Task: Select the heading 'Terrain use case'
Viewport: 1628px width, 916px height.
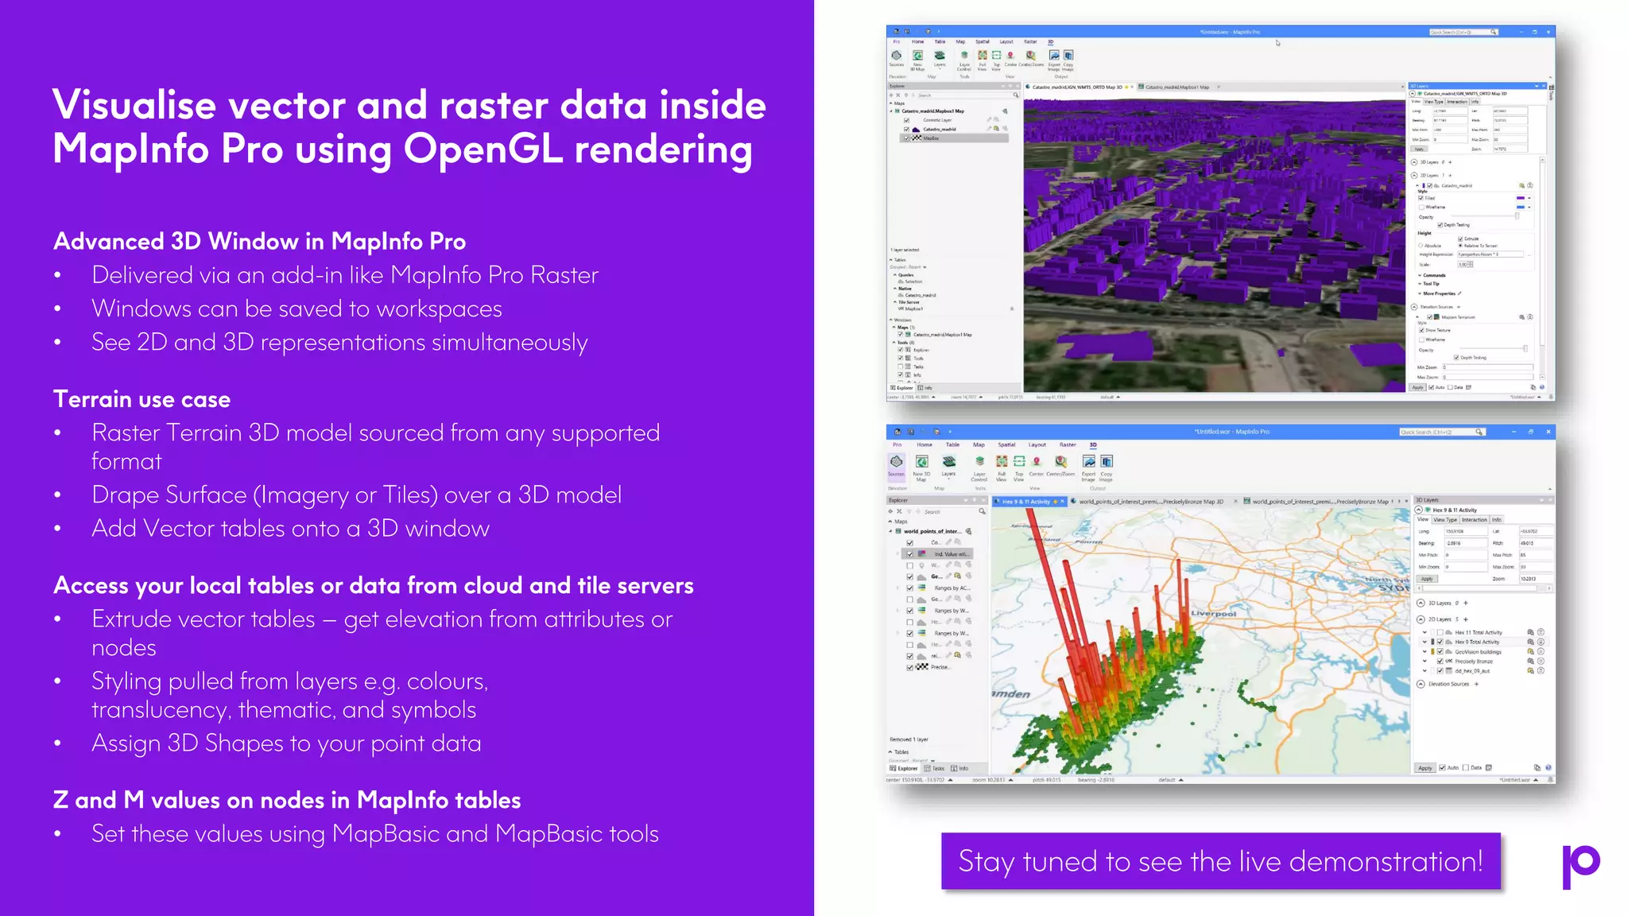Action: coord(141,399)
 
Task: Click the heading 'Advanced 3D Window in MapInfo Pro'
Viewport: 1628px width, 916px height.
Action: coord(259,242)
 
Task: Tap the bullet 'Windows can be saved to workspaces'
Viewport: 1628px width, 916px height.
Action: coord(297,309)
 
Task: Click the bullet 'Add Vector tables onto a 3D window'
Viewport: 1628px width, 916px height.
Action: coord(290,529)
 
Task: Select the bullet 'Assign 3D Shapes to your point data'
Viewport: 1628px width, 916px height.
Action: coord(286,743)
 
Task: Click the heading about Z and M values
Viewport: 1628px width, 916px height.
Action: coord(287,800)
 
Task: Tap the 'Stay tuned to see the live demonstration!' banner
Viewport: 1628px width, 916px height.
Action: coord(1220,861)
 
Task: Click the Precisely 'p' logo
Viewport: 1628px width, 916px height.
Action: coord(1580,865)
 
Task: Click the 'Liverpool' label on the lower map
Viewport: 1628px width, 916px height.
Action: coord(1214,614)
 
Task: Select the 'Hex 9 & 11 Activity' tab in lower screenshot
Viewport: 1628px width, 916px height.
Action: coord(1026,502)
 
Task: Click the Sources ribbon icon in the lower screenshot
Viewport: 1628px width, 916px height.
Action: coord(897,464)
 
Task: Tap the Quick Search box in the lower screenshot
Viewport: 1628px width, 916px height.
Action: coord(1439,432)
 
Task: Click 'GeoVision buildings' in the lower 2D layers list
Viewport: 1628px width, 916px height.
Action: coord(1479,652)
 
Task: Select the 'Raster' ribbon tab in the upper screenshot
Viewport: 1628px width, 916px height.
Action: coord(1030,42)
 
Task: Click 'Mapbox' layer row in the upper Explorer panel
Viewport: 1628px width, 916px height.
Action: coord(932,138)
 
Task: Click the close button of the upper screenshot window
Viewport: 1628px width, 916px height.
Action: coord(1548,32)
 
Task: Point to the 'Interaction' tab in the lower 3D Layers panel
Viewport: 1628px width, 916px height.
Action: coord(1474,519)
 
